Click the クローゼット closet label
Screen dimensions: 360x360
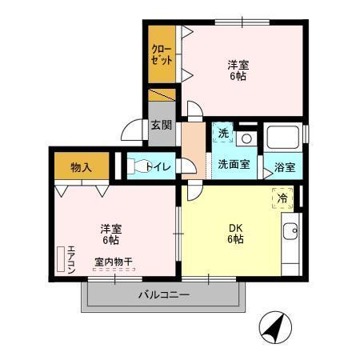(162, 54)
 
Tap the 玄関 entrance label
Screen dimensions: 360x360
(161, 126)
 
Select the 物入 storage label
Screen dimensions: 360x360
(81, 167)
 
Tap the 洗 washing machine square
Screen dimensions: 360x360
(224, 133)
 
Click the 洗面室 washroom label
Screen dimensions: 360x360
(234, 164)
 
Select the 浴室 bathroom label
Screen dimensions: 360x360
(285, 168)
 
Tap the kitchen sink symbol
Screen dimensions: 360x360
(290, 234)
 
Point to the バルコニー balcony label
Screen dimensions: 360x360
(163, 295)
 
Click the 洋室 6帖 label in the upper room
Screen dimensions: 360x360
(236, 70)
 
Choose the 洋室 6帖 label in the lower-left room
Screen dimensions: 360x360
(110, 233)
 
